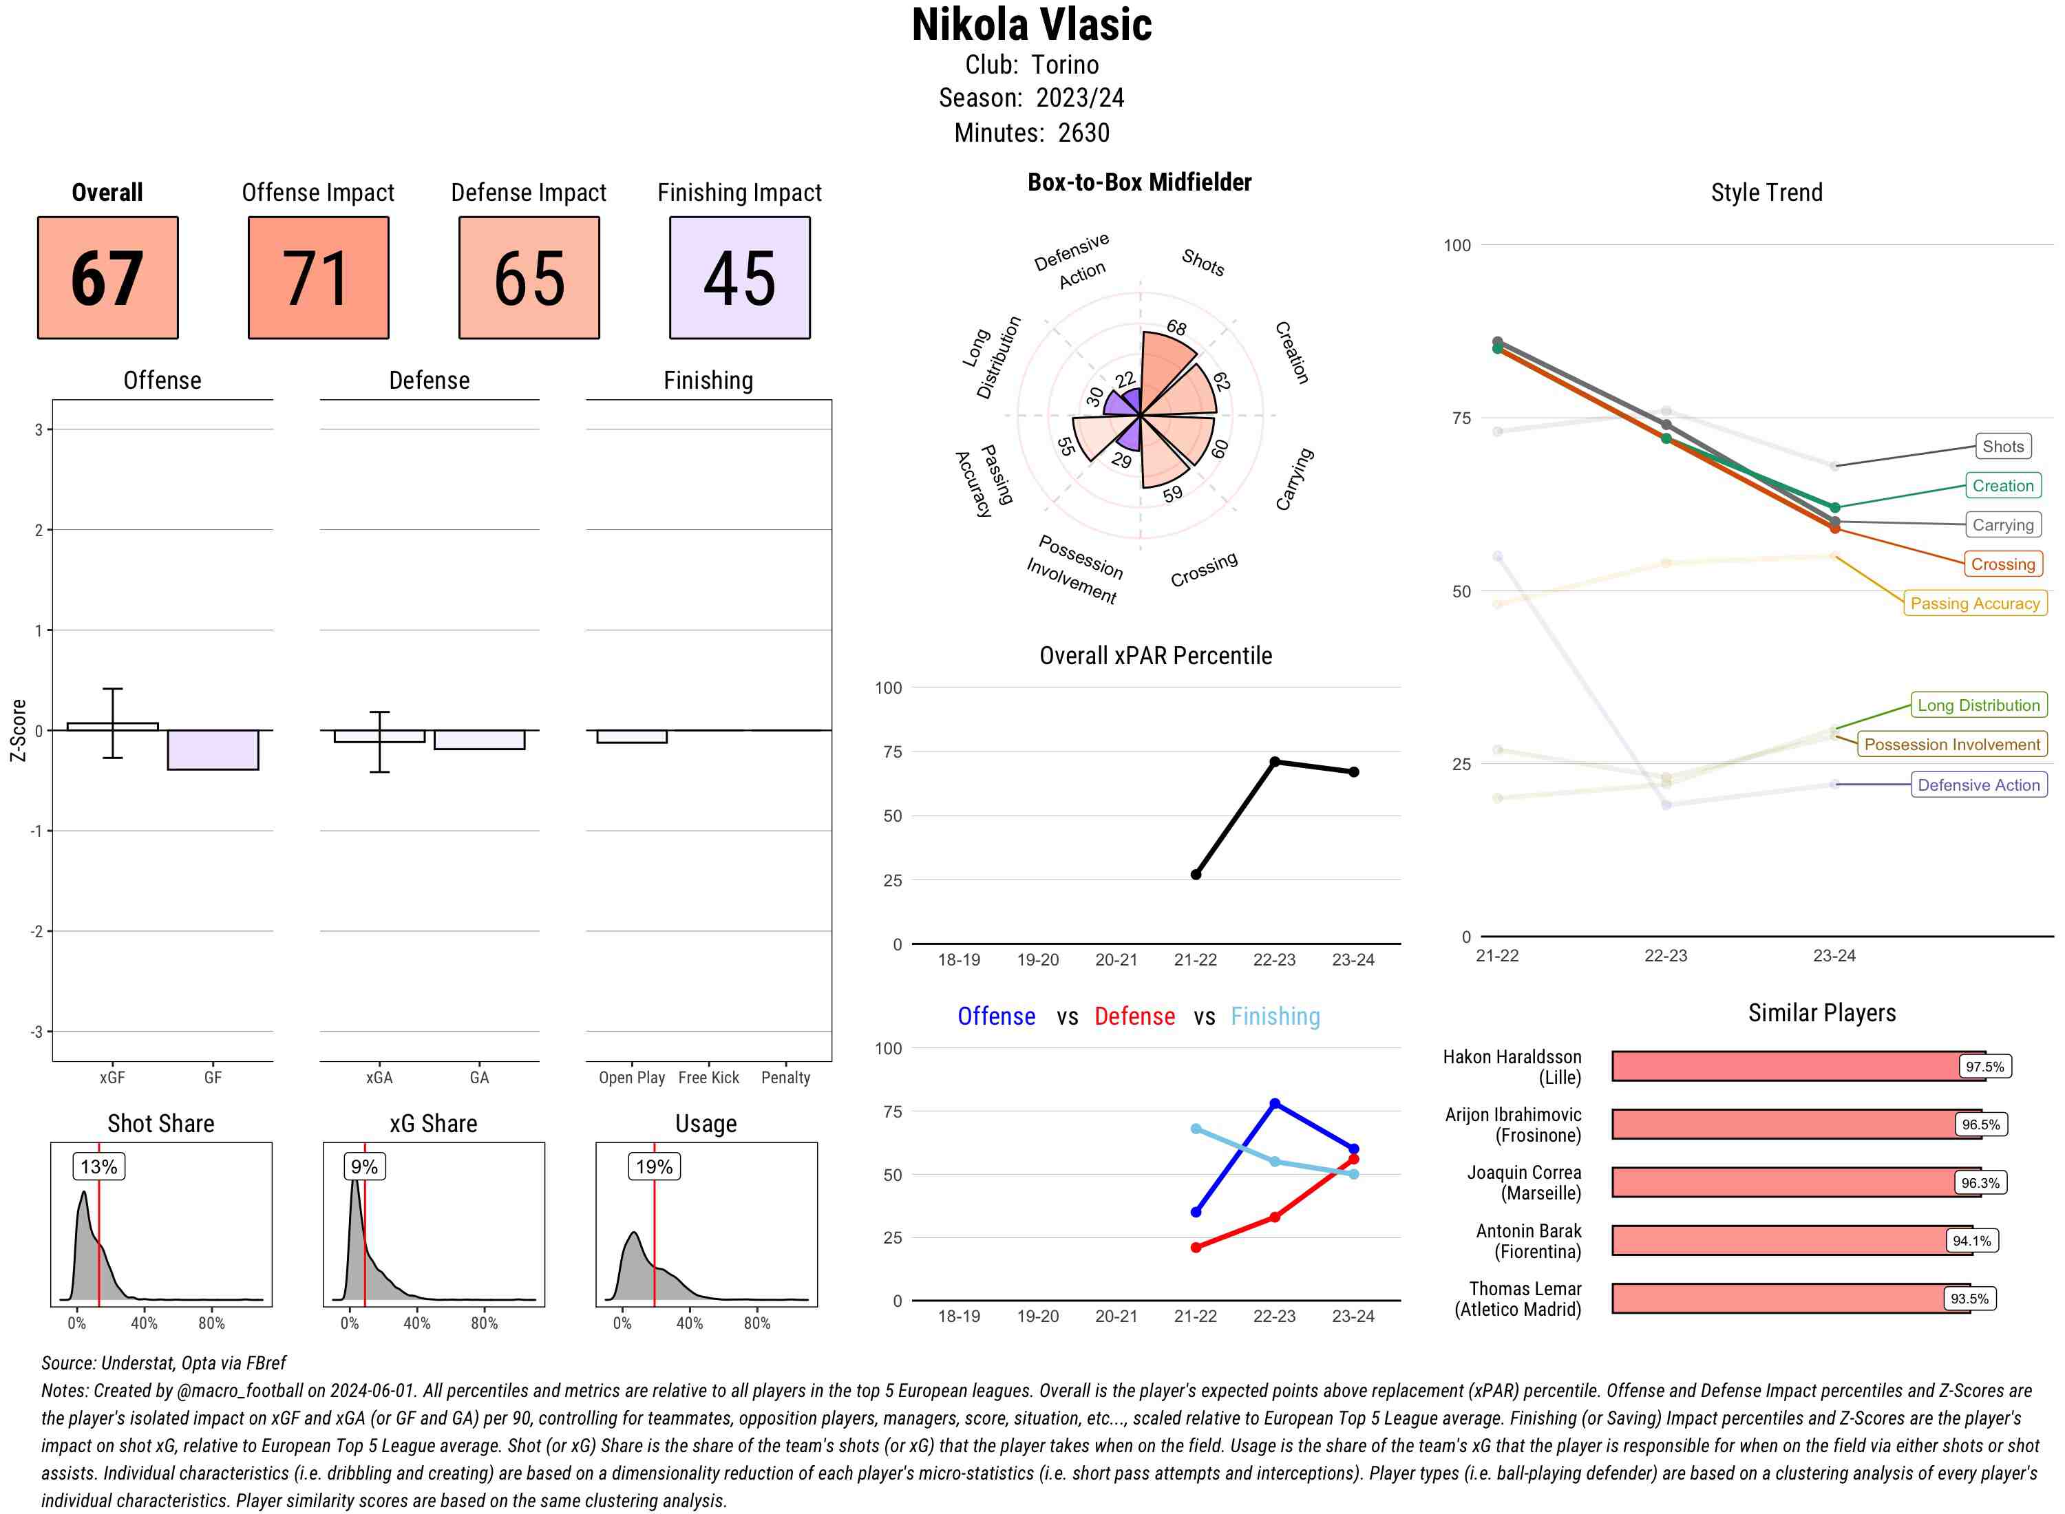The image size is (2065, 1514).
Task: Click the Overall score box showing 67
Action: click(x=107, y=278)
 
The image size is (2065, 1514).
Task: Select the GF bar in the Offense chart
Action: click(x=213, y=749)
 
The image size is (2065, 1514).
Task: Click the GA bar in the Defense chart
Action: click(x=479, y=740)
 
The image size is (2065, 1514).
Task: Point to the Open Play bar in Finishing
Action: click(x=631, y=736)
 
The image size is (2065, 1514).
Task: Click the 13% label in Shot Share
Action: click(x=99, y=1166)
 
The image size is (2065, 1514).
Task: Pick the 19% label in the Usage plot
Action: click(x=655, y=1166)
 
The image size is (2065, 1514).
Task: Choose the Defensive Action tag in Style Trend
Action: click(x=1978, y=785)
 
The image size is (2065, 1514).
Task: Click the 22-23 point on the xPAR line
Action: click(x=1274, y=762)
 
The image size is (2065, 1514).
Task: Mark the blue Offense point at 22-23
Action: click(x=1274, y=1103)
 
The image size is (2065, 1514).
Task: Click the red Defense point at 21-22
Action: click(x=1195, y=1247)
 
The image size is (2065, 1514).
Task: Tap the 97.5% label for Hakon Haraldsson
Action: click(x=1984, y=1067)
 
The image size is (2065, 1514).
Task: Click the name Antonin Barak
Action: click(x=1528, y=1230)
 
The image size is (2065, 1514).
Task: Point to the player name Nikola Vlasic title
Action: click(x=1031, y=25)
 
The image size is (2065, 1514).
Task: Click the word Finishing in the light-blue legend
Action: click(x=1275, y=1016)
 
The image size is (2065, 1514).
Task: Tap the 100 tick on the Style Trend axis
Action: click(x=1457, y=246)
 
